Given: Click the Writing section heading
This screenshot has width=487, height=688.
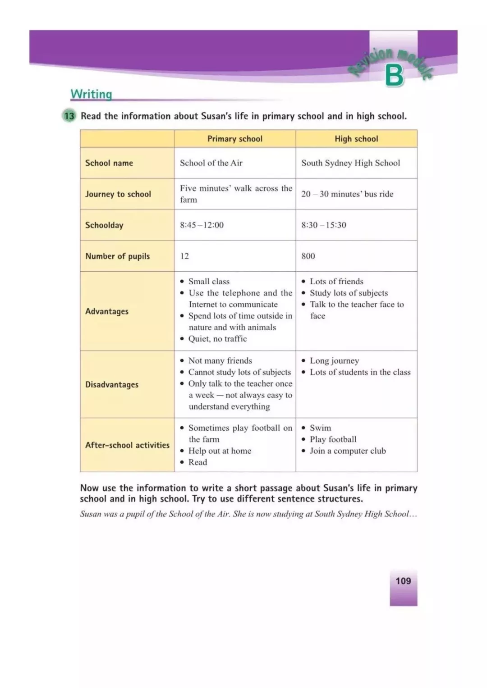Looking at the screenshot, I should point(91,94).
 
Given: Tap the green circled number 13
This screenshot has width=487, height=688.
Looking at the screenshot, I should point(69,116).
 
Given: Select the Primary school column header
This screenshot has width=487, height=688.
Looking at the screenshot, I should point(234,139).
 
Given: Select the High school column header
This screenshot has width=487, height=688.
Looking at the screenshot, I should point(356,139).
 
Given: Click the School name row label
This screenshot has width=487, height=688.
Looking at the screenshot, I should point(109,163).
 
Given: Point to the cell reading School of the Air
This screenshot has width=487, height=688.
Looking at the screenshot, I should point(211,163).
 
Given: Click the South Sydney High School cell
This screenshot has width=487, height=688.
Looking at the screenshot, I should point(350,163).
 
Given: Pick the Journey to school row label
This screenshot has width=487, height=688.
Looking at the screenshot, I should point(118,194).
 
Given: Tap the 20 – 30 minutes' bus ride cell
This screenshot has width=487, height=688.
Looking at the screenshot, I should point(347,194).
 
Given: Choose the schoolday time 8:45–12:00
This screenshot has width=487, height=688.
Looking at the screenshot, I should point(202,225).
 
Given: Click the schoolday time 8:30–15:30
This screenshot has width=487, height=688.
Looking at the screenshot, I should point(324,225).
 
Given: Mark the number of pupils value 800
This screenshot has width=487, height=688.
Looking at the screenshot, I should point(308,256).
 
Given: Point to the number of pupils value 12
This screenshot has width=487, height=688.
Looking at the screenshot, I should point(184,256).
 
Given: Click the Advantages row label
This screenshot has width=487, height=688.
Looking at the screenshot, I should point(107,311).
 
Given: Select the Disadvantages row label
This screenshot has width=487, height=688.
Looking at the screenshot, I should point(112,385).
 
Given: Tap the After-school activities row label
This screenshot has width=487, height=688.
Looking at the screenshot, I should point(127,445).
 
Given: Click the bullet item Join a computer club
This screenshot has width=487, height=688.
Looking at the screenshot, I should point(348,451).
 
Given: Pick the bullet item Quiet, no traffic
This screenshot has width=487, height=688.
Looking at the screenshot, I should point(217,339).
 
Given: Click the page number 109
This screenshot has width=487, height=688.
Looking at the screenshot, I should point(403,581).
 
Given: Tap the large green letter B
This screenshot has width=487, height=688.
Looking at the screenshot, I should point(394,76).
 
